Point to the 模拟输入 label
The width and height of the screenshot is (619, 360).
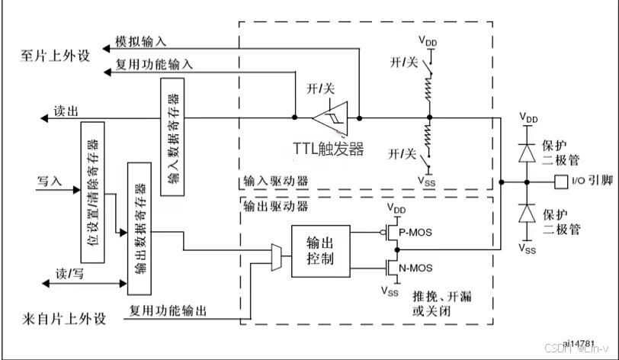coord(141,39)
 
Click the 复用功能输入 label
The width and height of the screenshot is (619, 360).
coord(154,64)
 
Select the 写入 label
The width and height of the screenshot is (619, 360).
coord(50,182)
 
